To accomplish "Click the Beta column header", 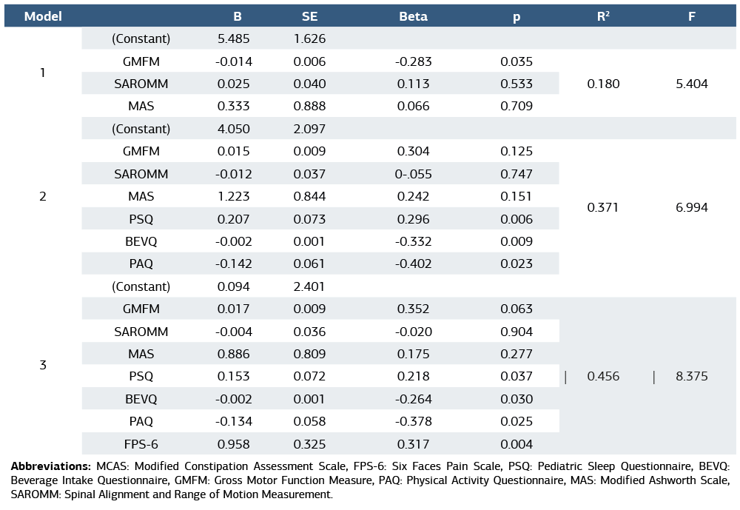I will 413,16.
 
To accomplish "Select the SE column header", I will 309,16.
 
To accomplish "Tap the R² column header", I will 603,16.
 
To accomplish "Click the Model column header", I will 43,16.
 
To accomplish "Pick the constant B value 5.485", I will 232,38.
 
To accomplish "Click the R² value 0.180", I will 603,84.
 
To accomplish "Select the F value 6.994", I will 691,207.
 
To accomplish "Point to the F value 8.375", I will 691,376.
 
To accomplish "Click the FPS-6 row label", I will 141,444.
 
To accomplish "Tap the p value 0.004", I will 516,444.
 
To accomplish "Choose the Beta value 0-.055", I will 413,174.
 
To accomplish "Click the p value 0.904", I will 516,332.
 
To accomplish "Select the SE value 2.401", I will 309,286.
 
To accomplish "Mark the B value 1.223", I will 232,196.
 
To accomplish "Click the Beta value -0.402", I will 413,264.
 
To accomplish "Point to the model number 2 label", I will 43,196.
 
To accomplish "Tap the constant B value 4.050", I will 232,129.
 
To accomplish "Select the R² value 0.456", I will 603,376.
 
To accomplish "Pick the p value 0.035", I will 516,61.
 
